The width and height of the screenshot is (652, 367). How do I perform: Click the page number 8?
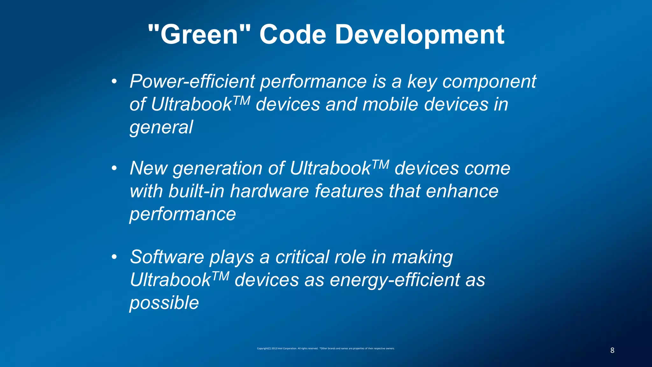[612, 350]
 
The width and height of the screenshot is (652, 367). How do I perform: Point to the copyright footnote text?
[326, 349]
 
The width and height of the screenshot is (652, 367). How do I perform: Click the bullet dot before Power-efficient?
[114, 82]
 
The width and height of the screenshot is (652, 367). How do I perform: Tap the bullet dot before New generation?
[114, 168]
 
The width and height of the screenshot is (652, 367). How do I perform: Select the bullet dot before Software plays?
[114, 257]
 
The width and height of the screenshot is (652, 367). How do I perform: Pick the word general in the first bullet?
[161, 127]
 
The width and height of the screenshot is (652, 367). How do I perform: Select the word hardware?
[269, 191]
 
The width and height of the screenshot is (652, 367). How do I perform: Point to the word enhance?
[462, 191]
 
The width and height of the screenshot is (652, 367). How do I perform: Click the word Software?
[167, 257]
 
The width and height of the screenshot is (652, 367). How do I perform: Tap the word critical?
[302, 257]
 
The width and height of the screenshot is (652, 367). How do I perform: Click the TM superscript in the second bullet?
[380, 164]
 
